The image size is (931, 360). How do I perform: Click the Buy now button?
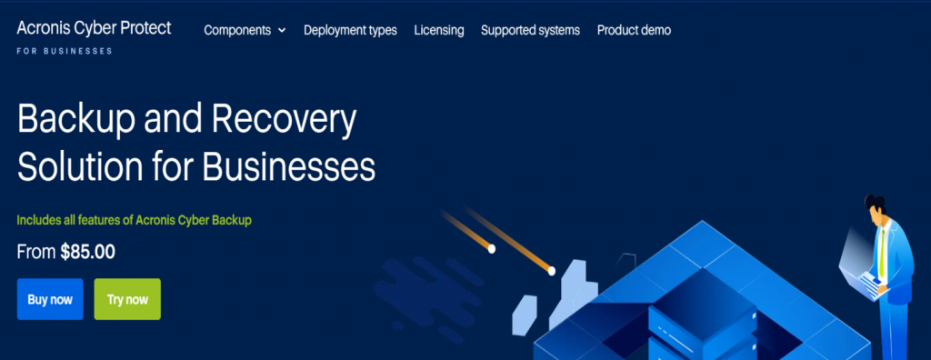pyautogui.click(x=50, y=299)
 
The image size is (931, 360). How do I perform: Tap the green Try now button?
pyautogui.click(x=127, y=299)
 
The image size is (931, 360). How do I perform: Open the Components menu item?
pyautogui.click(x=237, y=30)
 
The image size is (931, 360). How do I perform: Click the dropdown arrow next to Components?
pyautogui.click(x=282, y=31)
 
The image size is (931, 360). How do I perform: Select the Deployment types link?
pyautogui.click(x=350, y=30)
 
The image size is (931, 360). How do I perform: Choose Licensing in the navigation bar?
pyautogui.click(x=438, y=30)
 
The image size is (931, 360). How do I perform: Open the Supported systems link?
pyautogui.click(x=530, y=30)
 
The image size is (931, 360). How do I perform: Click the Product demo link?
pyautogui.click(x=634, y=30)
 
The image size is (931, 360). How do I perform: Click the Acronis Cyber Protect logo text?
pyautogui.click(x=94, y=28)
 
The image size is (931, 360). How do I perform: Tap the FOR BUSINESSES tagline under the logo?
pyautogui.click(x=65, y=52)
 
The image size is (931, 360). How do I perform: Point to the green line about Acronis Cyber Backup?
pyautogui.click(x=134, y=220)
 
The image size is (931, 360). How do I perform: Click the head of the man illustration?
pyautogui.click(x=875, y=208)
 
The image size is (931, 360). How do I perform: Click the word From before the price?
pyautogui.click(x=36, y=253)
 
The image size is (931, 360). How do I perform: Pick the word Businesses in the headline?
pyautogui.click(x=286, y=166)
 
